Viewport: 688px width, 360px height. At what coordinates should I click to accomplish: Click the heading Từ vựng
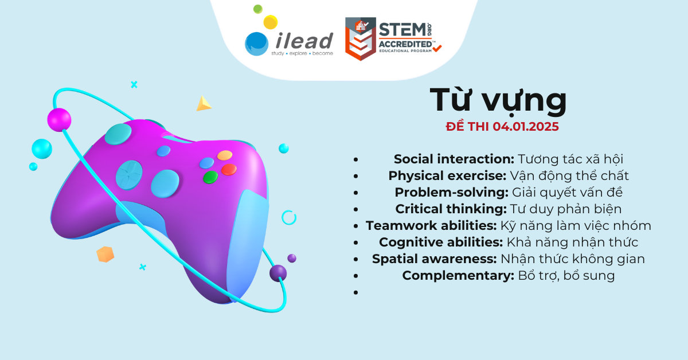pos(498,101)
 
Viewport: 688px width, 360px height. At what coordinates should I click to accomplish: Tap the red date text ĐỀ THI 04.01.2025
pos(502,127)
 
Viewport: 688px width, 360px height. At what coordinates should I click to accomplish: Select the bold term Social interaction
pos(454,159)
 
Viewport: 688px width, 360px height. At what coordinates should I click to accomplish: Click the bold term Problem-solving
pos(452,193)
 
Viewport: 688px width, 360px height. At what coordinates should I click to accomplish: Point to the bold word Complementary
pos(458,276)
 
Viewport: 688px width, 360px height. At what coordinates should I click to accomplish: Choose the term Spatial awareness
pos(435,259)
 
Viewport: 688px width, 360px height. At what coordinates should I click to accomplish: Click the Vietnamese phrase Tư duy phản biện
pos(566,209)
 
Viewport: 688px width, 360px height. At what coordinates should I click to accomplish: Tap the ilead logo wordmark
pos(304,41)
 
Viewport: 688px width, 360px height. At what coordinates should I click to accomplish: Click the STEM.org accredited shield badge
pos(360,39)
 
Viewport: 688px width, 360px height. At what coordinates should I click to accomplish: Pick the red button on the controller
pos(229,170)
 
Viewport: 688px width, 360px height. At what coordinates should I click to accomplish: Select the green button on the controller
pos(210,177)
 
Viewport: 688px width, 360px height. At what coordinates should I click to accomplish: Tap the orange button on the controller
pos(225,155)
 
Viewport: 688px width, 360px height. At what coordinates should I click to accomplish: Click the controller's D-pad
pos(129,175)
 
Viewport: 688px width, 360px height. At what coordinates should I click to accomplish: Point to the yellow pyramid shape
pos(204,104)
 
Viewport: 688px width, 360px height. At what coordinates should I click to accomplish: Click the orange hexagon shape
pos(105,255)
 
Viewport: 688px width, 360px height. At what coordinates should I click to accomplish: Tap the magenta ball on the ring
pos(59,120)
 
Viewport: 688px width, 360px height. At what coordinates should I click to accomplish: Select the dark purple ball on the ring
pos(278,273)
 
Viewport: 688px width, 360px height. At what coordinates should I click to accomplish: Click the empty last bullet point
pos(355,292)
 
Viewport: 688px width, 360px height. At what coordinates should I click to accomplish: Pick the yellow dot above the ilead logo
pos(271,22)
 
